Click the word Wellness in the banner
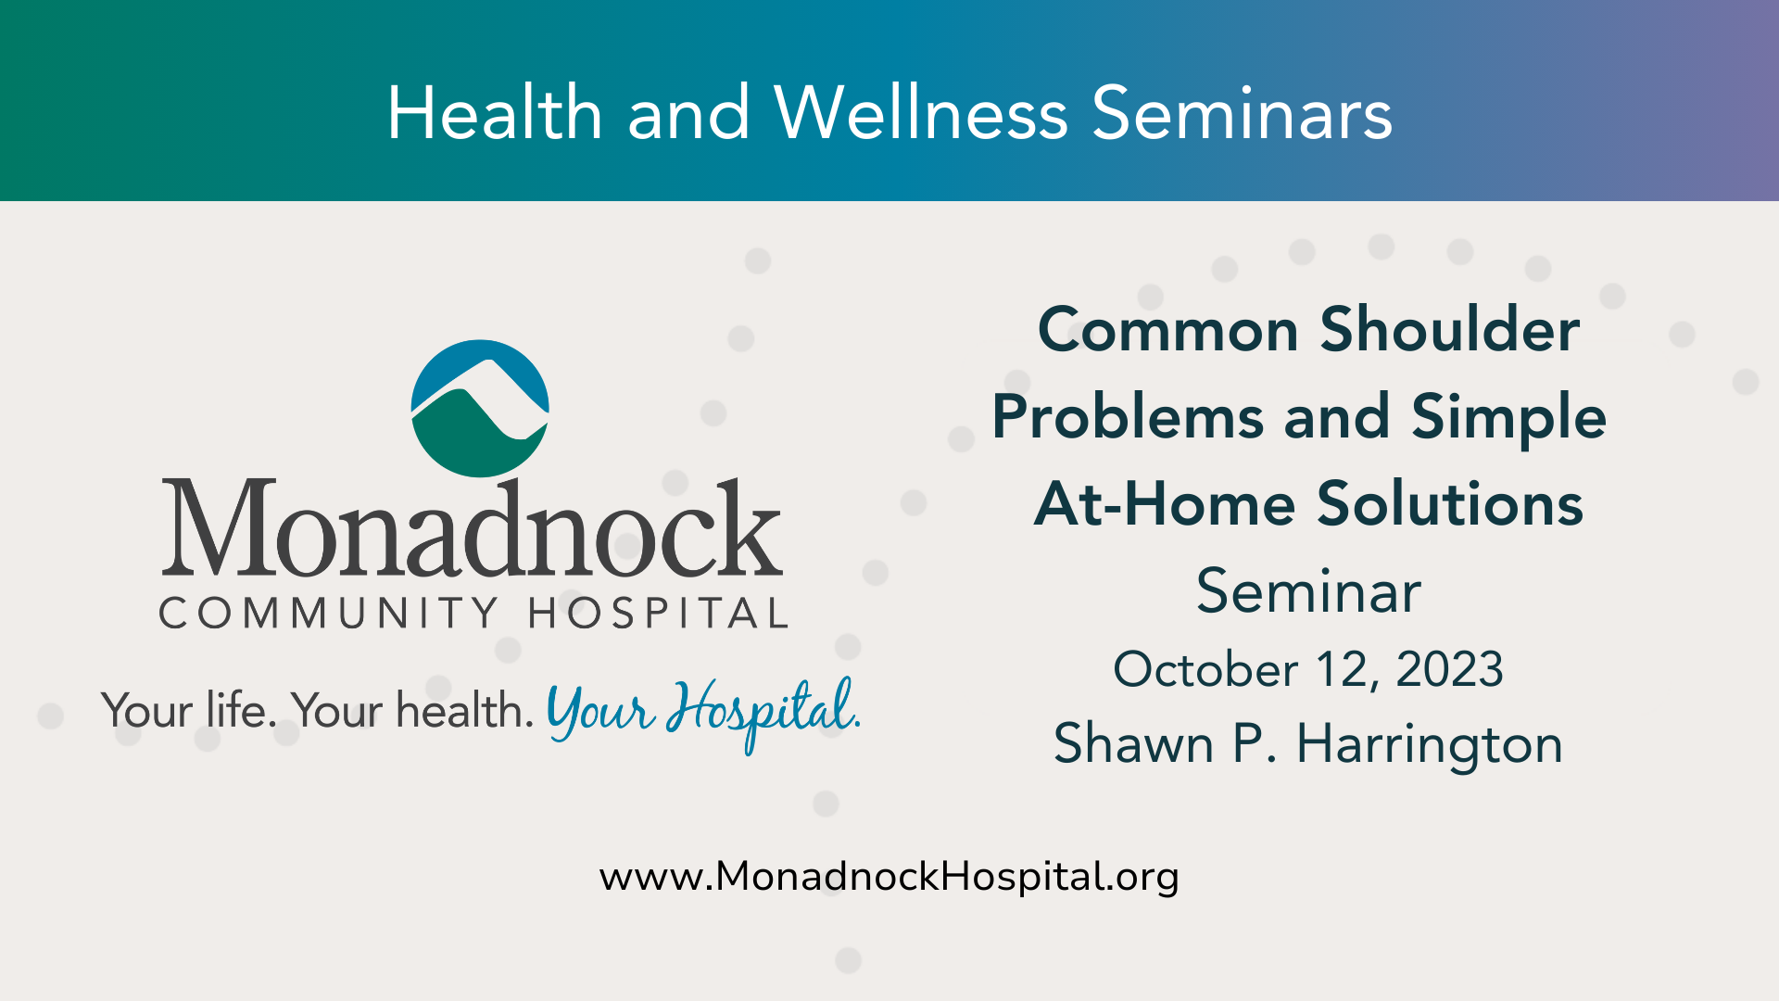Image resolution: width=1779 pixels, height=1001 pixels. point(921,112)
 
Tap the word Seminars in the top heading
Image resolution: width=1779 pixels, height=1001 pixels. point(1243,112)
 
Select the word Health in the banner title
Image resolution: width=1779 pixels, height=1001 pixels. point(495,112)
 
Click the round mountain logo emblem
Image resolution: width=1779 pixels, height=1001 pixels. point(480,409)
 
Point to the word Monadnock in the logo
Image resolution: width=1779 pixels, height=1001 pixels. point(473,527)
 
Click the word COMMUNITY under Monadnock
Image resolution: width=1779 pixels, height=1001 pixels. point(330,614)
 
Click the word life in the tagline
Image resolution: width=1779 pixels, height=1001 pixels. point(241,711)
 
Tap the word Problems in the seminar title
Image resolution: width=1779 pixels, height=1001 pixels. point(1128,418)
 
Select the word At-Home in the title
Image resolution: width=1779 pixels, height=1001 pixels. point(1165,504)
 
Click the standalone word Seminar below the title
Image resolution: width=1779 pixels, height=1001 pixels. point(1308,591)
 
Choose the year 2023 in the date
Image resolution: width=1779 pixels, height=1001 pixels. point(1449,669)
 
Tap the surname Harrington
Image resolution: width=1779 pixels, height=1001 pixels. point(1430,744)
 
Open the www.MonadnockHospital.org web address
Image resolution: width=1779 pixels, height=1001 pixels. point(889,877)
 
